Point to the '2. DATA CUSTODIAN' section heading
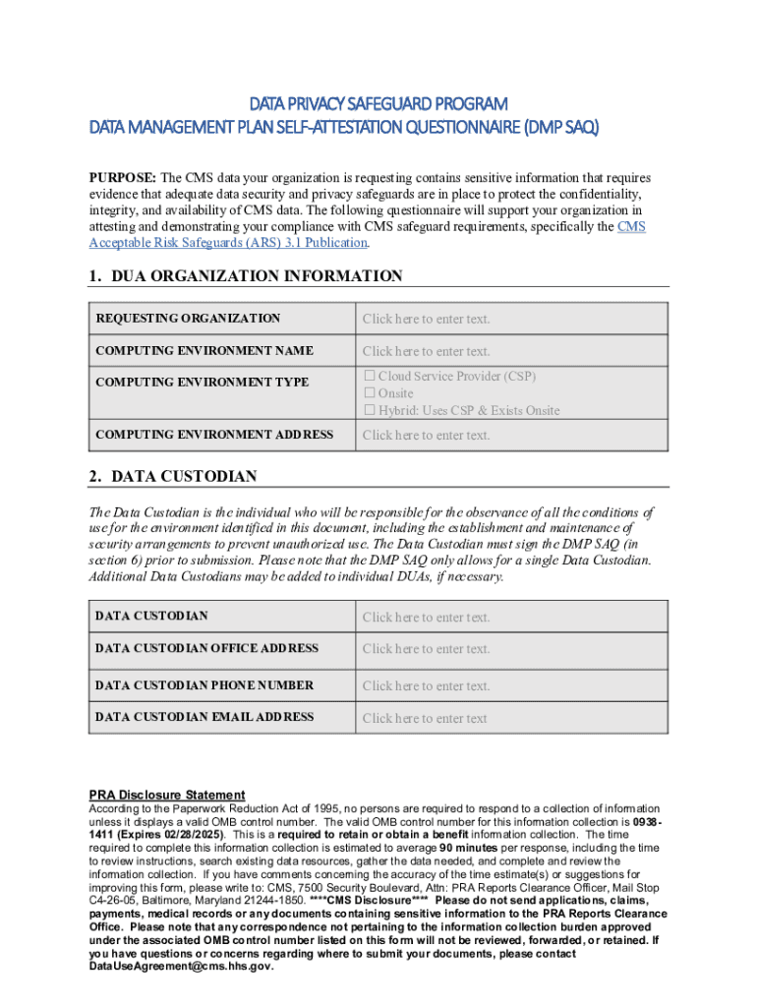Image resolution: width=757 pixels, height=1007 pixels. tap(173, 476)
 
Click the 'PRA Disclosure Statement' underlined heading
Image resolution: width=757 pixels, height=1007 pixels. tap(167, 795)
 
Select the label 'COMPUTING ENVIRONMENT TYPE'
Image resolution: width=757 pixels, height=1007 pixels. tap(202, 382)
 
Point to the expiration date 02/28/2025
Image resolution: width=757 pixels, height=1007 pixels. tap(193, 834)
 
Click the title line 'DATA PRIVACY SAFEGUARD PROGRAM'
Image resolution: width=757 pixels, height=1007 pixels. tap(378, 103)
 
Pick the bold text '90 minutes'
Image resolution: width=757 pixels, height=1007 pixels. tap(471, 848)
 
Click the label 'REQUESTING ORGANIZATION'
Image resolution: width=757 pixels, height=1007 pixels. tap(188, 319)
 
